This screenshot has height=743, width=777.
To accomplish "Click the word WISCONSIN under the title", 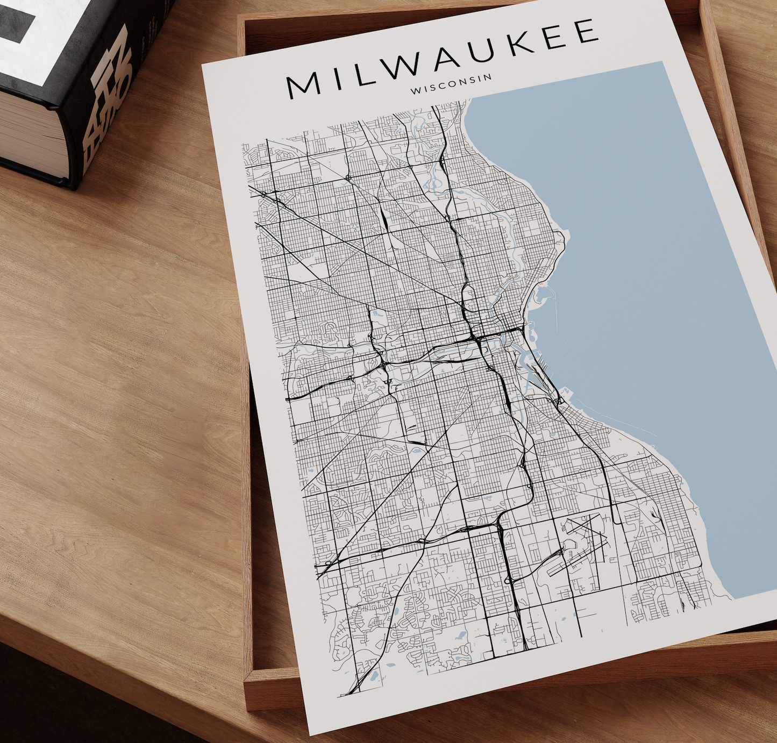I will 451,84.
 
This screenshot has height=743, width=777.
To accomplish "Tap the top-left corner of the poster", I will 203,65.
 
